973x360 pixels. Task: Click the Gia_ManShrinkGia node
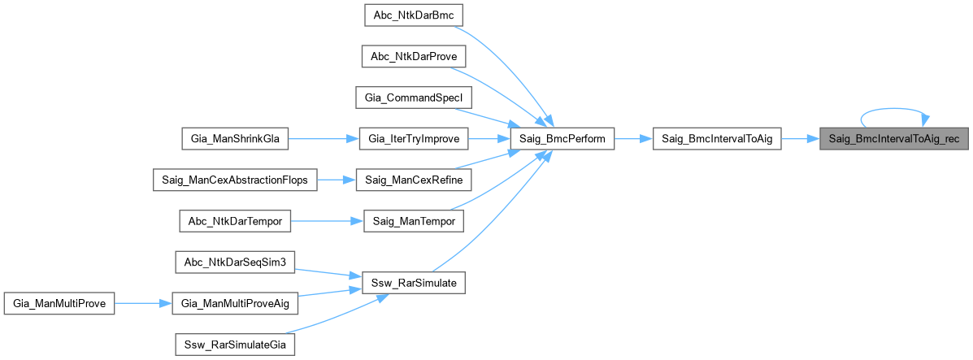pos(235,139)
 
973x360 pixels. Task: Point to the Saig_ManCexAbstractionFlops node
pos(235,180)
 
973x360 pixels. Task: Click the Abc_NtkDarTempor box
pos(235,220)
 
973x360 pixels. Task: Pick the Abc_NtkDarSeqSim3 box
pos(235,262)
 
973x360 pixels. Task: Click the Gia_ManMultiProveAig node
pos(235,303)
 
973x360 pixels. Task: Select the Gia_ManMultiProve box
pos(59,303)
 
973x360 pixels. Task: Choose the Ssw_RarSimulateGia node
pos(235,345)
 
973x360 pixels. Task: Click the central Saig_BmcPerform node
pos(562,139)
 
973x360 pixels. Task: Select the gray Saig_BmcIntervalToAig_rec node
pos(893,139)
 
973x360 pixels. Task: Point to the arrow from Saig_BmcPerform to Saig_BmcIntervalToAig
pos(633,139)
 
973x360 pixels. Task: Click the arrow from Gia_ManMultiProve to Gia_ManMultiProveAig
pos(143,303)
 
